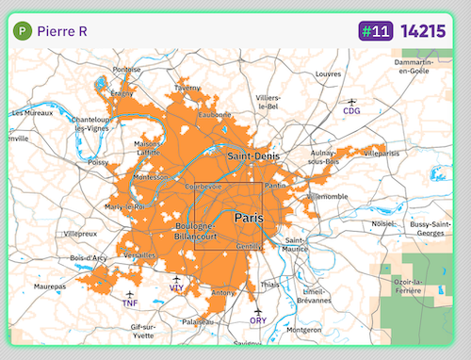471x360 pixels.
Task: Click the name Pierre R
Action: click(63, 31)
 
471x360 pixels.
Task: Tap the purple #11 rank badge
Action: click(375, 31)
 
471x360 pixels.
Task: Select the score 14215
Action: click(422, 31)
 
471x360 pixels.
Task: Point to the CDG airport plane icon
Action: click(352, 101)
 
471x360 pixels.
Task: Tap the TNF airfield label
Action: click(130, 303)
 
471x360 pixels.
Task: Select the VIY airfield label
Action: click(176, 287)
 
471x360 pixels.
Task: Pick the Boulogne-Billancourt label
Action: click(196, 233)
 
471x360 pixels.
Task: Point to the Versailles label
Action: click(138, 255)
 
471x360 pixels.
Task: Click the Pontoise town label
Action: click(126, 70)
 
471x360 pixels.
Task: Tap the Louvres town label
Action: click(328, 74)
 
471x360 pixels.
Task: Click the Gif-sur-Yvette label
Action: click(143, 330)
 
